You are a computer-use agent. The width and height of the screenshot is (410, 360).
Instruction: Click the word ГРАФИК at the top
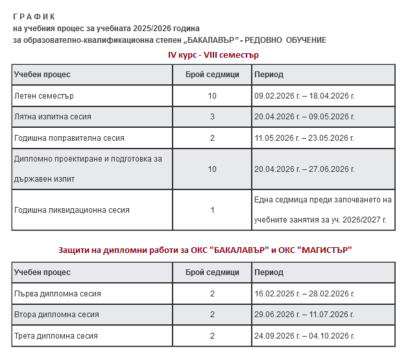34,16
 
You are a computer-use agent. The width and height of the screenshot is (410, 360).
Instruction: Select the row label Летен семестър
44,96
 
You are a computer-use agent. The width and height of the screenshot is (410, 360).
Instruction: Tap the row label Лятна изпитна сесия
53,117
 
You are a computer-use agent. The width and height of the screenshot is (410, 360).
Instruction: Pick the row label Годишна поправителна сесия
69,138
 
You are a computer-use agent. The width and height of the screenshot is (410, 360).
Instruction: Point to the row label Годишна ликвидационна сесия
72,210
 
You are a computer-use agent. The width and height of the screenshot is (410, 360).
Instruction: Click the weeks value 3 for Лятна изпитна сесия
212,117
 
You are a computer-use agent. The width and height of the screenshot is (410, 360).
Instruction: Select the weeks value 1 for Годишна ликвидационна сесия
212,210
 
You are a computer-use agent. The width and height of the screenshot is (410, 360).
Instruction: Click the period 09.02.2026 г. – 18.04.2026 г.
304,96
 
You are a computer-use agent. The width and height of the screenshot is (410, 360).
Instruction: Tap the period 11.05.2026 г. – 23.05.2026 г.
304,138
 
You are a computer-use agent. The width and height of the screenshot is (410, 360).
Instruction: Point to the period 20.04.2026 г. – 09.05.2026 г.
304,117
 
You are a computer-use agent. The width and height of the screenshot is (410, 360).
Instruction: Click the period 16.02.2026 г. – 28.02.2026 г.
304,294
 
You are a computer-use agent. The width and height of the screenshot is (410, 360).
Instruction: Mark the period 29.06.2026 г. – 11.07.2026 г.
304,315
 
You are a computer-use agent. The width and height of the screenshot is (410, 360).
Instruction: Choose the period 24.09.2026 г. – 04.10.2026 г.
304,336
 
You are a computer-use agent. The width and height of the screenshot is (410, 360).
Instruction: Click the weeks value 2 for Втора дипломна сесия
212,315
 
